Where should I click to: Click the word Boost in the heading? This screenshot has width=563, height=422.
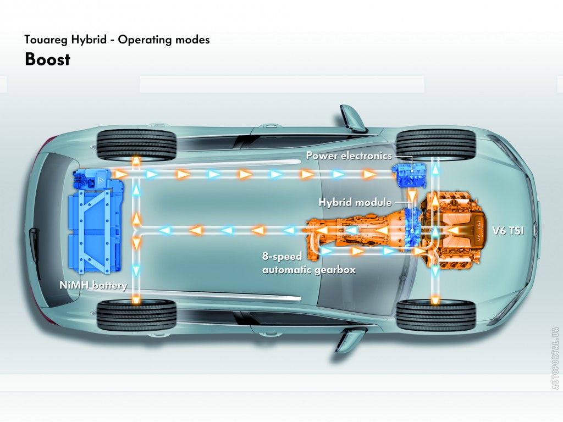coord(47,59)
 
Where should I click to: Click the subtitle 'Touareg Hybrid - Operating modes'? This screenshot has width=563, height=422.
coord(117,40)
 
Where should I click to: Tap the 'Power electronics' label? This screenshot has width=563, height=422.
coord(349,156)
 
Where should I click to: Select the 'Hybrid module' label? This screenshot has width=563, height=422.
coord(355,202)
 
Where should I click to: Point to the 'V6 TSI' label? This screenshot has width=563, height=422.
coord(509,231)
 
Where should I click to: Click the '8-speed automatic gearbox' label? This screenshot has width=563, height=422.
coord(308,263)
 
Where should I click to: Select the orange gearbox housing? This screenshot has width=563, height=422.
coord(357,231)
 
